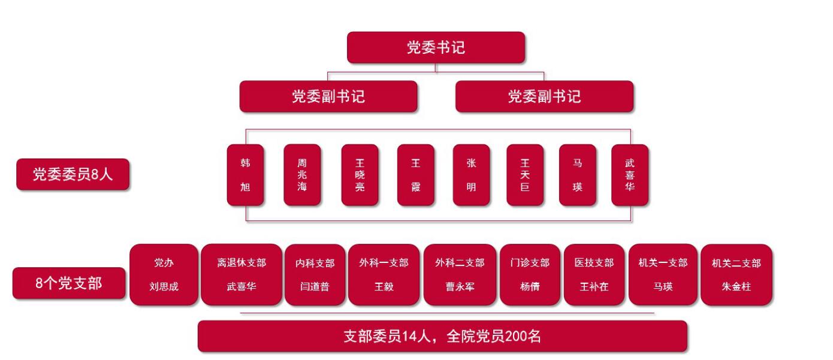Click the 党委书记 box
(436, 48)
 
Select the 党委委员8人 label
(73, 174)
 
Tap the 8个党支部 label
(69, 283)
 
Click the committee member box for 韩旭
(245, 175)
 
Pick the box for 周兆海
(302, 175)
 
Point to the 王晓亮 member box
(360, 175)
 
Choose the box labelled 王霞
(415, 175)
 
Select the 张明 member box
(472, 175)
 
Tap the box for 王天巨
(525, 175)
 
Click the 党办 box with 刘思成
(164, 275)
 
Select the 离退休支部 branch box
(241, 275)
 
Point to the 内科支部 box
(315, 275)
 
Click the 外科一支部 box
(384, 275)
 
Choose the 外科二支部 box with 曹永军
(460, 275)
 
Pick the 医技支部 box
(595, 275)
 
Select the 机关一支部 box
(663, 275)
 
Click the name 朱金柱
(737, 286)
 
